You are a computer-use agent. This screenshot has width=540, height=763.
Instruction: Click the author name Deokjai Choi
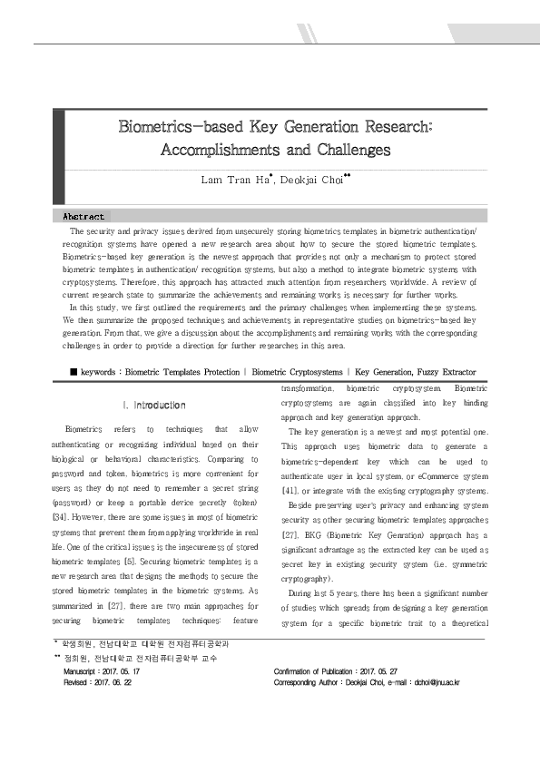click(309, 180)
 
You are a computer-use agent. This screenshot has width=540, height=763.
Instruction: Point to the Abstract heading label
click(83, 217)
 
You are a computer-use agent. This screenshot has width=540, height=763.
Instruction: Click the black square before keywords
click(74, 372)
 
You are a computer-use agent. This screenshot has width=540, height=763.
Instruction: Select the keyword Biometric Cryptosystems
click(297, 372)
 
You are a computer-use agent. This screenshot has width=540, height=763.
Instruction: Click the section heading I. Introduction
click(153, 405)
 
